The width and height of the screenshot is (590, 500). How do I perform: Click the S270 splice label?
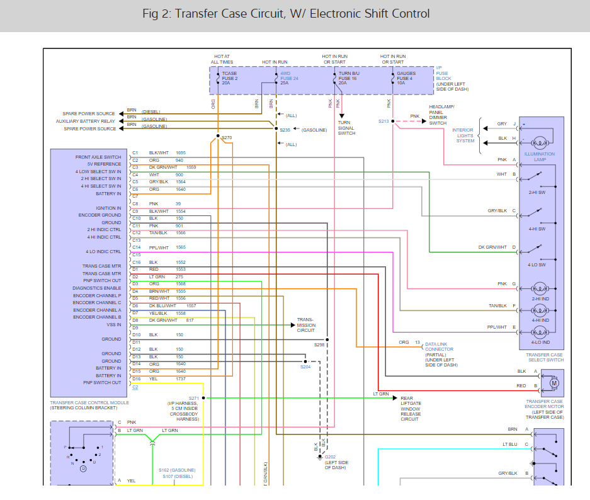tap(227, 137)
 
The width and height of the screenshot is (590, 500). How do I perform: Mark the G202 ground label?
tap(331, 457)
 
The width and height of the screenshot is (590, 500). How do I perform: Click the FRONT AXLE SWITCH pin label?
tap(98, 157)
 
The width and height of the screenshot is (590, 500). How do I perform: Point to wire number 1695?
tap(181, 153)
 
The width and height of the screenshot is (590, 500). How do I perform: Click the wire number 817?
tap(190, 321)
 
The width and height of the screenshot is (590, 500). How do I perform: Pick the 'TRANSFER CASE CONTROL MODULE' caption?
tap(89, 402)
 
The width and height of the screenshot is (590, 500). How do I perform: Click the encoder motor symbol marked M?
tap(554, 382)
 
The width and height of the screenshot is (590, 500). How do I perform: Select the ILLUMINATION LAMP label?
tap(540, 157)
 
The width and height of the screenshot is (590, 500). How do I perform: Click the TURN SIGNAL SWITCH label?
tap(347, 128)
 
